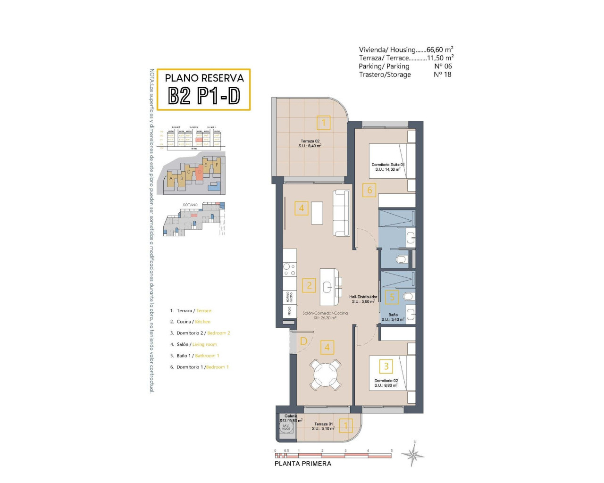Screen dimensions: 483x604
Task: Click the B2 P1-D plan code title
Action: (x=204, y=96)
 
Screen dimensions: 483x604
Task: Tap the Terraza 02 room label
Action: (x=310, y=143)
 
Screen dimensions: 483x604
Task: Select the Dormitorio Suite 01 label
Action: (x=388, y=167)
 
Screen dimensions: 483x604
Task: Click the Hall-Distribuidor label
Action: (x=363, y=299)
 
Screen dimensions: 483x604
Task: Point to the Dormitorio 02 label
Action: (x=386, y=383)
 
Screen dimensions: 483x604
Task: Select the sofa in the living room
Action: (x=341, y=213)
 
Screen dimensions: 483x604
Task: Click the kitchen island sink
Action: (x=327, y=286)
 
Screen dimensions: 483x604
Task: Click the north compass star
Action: (x=413, y=455)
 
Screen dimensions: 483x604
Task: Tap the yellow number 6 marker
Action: (x=369, y=190)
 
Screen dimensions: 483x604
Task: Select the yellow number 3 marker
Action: (x=386, y=366)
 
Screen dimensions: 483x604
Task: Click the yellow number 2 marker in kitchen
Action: (x=309, y=285)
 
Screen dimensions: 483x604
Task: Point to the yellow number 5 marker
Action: (x=392, y=297)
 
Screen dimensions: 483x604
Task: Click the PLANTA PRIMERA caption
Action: (x=303, y=464)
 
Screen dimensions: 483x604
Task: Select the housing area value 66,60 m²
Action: (x=440, y=50)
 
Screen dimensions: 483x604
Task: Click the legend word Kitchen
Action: (x=203, y=322)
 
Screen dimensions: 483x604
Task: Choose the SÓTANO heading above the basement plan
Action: (x=190, y=205)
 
